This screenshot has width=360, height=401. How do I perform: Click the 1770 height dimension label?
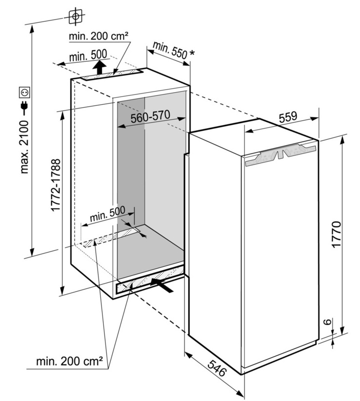(x=337, y=234)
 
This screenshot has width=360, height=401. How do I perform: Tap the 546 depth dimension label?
(x=217, y=367)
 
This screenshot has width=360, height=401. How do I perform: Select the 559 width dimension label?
(x=288, y=116)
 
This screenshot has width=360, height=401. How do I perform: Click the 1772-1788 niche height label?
(x=56, y=185)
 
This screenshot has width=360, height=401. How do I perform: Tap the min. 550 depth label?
(x=170, y=50)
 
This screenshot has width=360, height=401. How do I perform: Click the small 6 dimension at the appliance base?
(x=328, y=322)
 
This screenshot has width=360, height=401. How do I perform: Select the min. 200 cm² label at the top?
(x=99, y=36)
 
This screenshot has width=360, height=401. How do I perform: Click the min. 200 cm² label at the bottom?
(x=69, y=361)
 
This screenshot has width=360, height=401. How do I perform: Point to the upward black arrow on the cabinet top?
(x=100, y=67)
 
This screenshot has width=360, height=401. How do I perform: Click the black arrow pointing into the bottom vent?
(x=161, y=285)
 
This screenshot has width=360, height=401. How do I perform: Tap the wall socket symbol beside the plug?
(x=25, y=92)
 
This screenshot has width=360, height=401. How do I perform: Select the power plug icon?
(x=25, y=107)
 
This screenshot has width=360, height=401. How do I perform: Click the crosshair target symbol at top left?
(x=76, y=17)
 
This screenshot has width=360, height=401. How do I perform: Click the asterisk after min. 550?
(x=192, y=53)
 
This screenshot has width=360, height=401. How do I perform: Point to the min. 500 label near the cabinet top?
(x=88, y=55)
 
